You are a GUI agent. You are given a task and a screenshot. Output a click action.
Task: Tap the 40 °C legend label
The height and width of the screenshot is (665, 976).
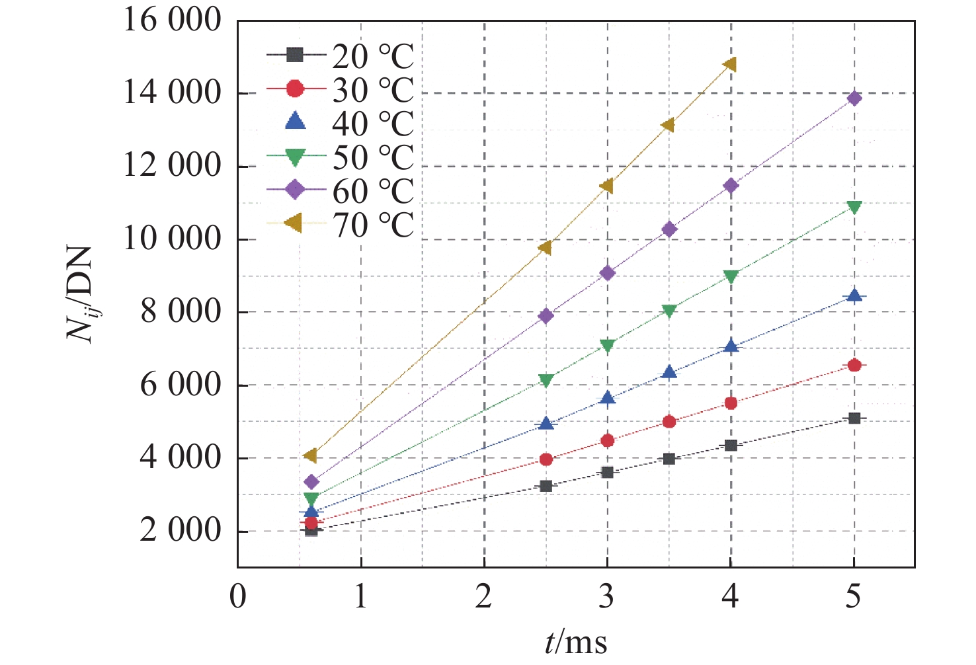372,124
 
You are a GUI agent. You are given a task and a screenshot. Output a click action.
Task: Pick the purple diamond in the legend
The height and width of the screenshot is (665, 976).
295,190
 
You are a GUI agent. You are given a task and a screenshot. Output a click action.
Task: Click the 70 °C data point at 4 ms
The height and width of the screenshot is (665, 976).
730,65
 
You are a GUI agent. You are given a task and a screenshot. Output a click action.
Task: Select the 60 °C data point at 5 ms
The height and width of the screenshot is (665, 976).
854,98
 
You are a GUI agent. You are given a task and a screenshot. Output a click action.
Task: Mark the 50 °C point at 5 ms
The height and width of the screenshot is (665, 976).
854,208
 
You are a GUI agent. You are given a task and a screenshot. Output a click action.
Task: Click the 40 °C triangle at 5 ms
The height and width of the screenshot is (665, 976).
854,295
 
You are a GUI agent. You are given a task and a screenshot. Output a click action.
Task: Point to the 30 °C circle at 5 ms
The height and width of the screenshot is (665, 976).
854,365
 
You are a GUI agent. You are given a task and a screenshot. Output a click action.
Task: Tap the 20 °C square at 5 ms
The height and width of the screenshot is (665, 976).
854,418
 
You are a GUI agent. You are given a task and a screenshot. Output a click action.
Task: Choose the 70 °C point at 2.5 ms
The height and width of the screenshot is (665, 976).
545,248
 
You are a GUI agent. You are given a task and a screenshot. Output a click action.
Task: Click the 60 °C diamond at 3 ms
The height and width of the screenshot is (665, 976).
607,273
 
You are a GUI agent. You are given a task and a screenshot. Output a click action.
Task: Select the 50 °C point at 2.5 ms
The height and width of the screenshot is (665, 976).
545,380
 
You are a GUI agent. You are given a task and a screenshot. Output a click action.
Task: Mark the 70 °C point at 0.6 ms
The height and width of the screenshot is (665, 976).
311,455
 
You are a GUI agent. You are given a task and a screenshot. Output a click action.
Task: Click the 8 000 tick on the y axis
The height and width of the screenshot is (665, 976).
180,312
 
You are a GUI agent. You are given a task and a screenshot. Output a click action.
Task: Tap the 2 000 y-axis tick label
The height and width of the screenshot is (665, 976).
180,531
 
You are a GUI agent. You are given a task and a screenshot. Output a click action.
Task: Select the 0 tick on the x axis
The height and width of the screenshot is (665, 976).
237,597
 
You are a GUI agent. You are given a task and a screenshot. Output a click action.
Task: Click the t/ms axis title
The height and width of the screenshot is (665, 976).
576,641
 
